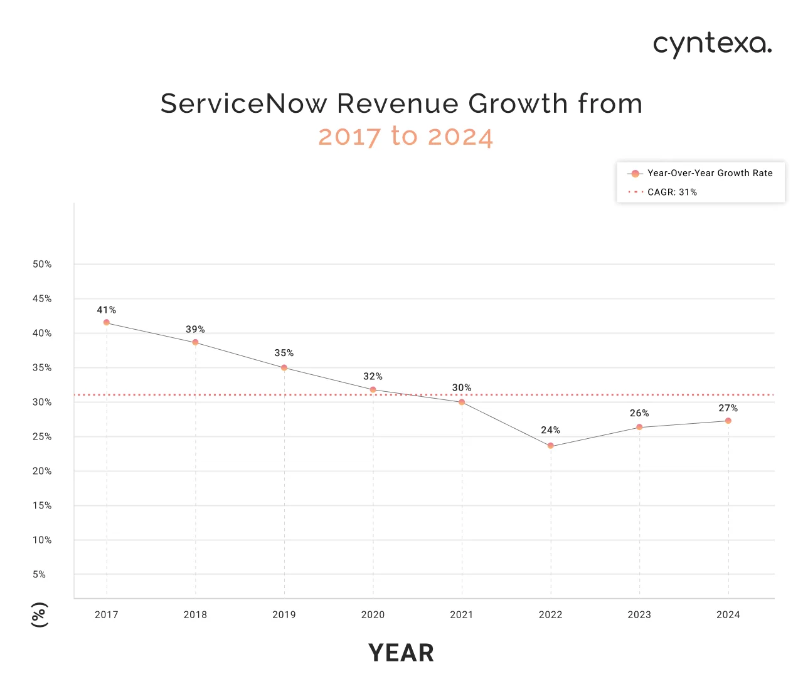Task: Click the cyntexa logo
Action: pyautogui.click(x=712, y=45)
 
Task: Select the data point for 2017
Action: pyautogui.click(x=107, y=322)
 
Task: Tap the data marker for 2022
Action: pyautogui.click(x=550, y=446)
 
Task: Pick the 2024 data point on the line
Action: pyautogui.click(x=728, y=421)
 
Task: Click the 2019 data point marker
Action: pyautogui.click(x=284, y=368)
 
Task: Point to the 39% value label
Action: pyautogui.click(x=195, y=330)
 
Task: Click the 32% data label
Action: pyautogui.click(x=373, y=377)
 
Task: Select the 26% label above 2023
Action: pyautogui.click(x=639, y=414)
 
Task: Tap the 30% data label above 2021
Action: pyautogui.click(x=462, y=388)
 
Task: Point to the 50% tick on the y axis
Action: pyautogui.click(x=42, y=265)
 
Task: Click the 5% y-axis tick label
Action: pyautogui.click(x=39, y=575)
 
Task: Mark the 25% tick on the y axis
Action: pyautogui.click(x=42, y=437)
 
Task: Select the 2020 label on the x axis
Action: pyautogui.click(x=373, y=615)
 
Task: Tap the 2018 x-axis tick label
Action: pyautogui.click(x=195, y=615)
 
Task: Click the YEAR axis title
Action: pyautogui.click(x=401, y=653)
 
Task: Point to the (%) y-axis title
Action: pyautogui.click(x=39, y=614)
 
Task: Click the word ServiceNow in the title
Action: pyautogui.click(x=243, y=104)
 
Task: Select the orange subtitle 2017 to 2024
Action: pyautogui.click(x=405, y=137)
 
